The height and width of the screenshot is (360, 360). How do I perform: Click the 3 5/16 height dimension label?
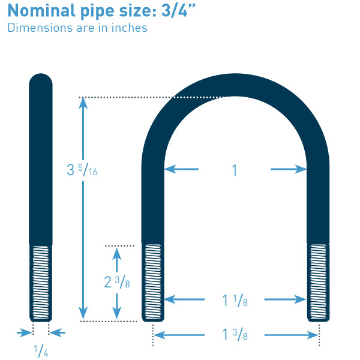click(82, 170)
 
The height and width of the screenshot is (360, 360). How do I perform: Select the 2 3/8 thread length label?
click(117, 282)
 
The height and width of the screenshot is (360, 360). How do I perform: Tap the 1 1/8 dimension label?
click(235, 301)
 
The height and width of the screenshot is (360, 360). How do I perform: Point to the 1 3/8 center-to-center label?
click(235, 334)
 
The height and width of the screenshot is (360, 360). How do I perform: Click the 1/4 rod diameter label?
click(41, 350)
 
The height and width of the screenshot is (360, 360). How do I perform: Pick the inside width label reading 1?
click(235, 170)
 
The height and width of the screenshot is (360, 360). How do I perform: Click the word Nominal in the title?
click(41, 11)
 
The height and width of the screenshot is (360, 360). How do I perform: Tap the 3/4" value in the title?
click(178, 10)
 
